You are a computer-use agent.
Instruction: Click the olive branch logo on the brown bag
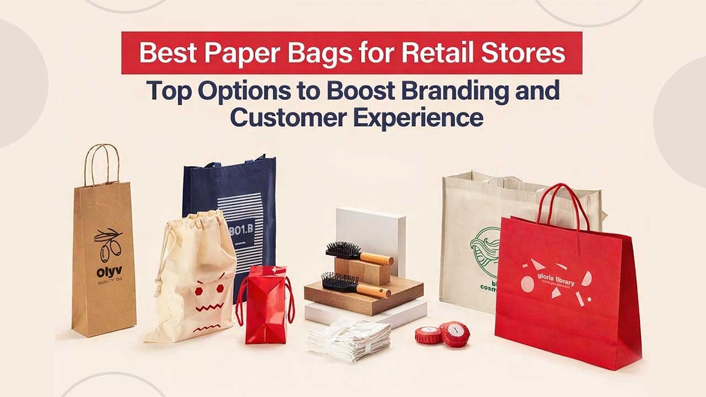pos(108,245)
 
